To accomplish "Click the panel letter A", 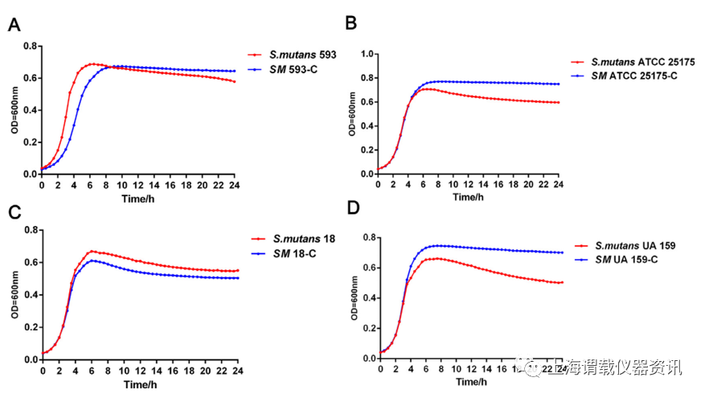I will (x=14, y=24).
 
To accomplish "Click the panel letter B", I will (x=351, y=23).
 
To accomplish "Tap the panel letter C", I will (x=14, y=212).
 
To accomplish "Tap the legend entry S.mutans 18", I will (x=304, y=239).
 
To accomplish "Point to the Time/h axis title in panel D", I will (x=471, y=384).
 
